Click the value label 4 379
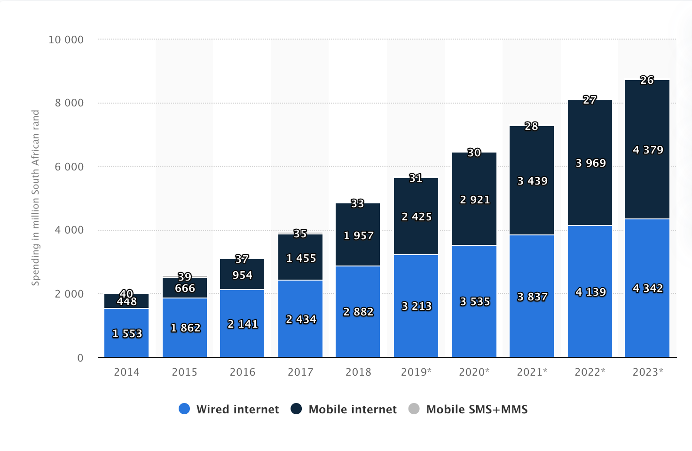pyautogui.click(x=648, y=150)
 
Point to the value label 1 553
pyautogui.click(x=127, y=334)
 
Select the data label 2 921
pyautogui.click(x=475, y=200)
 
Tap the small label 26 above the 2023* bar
pyautogui.click(x=647, y=81)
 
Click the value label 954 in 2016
pyautogui.click(x=242, y=275)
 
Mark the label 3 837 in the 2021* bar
pyautogui.click(x=532, y=297)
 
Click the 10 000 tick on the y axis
pyautogui.click(x=66, y=40)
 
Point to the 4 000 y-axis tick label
pyautogui.click(x=69, y=230)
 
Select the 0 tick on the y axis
pyautogui.click(x=80, y=358)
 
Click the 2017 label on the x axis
pyautogui.click(x=300, y=372)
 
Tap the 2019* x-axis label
pyautogui.click(x=416, y=372)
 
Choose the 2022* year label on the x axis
pyautogui.click(x=590, y=372)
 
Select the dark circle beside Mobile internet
pyautogui.click(x=296, y=409)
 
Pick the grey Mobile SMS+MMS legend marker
pyautogui.click(x=414, y=409)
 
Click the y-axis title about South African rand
pyautogui.click(x=36, y=198)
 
